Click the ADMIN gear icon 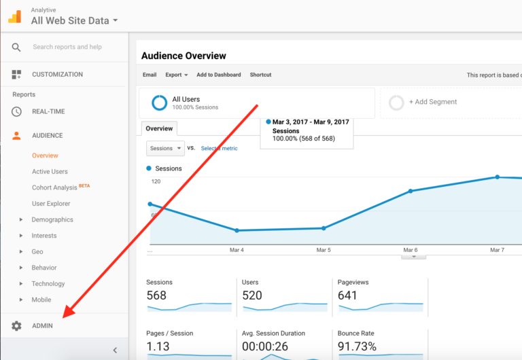[x=16, y=326]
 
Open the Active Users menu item [x=50, y=172]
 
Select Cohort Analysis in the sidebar [x=54, y=187]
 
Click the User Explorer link [x=50, y=204]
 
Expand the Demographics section [x=52, y=219]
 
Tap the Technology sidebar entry [x=48, y=284]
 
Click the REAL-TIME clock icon [x=16, y=111]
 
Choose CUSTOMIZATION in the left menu [x=57, y=75]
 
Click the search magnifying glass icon [x=16, y=47]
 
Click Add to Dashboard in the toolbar [x=218, y=75]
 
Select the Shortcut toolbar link [x=260, y=75]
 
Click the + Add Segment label [x=432, y=102]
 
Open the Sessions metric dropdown [x=165, y=148]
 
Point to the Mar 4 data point [x=237, y=230]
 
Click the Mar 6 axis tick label [x=411, y=250]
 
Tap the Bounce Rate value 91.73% [x=358, y=347]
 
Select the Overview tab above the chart [x=159, y=128]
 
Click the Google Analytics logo [x=14, y=16]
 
